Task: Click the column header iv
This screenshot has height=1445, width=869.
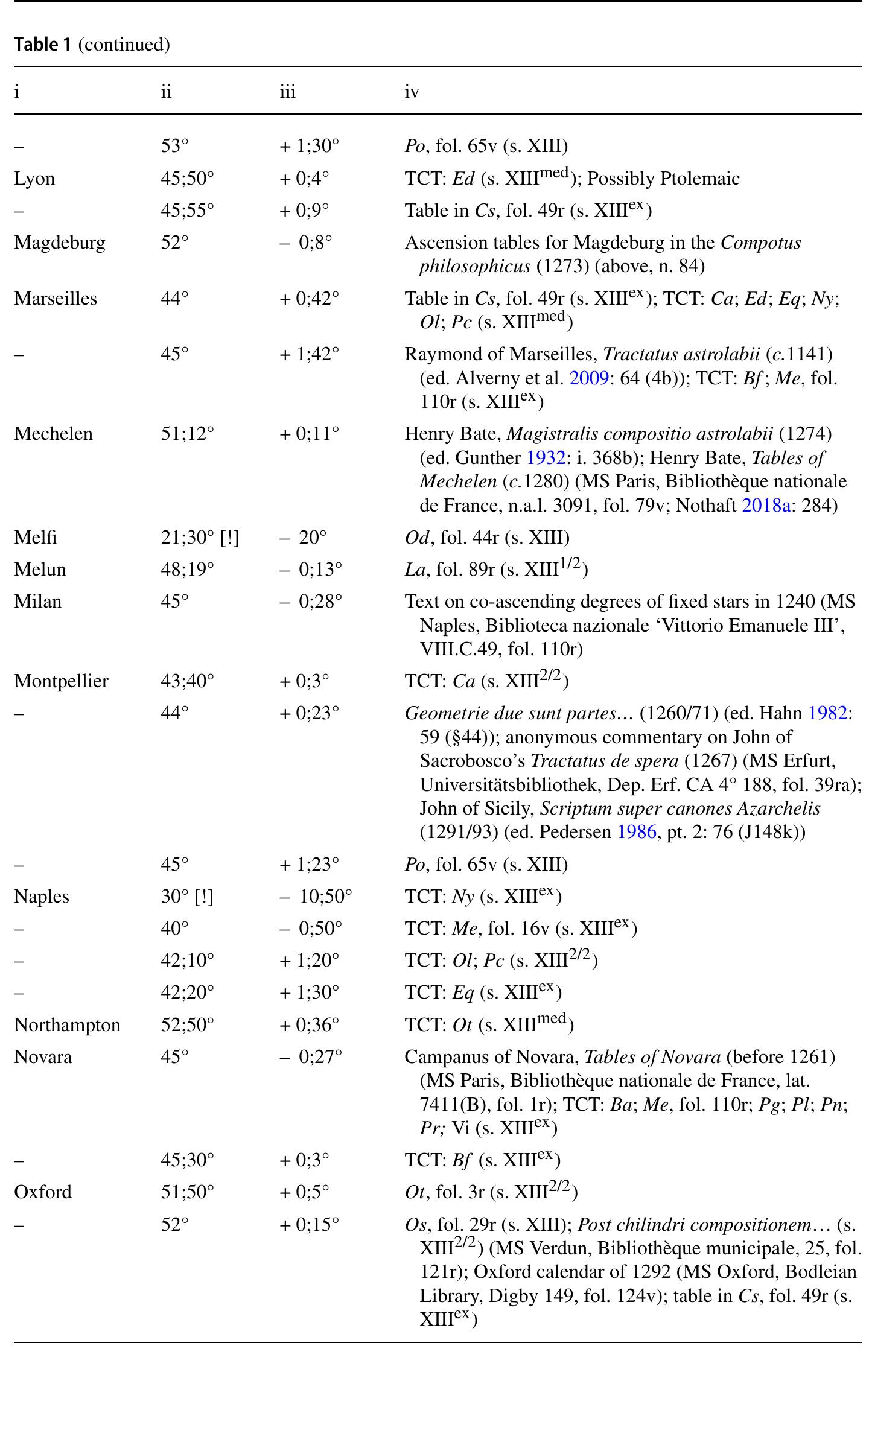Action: coord(412,92)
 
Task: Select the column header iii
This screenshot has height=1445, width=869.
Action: coord(288,92)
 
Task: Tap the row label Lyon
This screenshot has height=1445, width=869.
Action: coord(34,179)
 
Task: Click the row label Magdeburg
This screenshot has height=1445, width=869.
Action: coord(60,243)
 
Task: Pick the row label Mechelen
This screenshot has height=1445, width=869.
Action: coord(54,434)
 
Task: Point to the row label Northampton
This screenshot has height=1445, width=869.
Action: coord(68,1024)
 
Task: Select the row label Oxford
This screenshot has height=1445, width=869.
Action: coord(43,1192)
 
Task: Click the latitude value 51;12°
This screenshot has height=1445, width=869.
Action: coord(187,434)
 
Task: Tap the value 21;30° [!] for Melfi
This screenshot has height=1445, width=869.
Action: coord(200,537)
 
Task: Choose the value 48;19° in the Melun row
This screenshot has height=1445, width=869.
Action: coord(187,569)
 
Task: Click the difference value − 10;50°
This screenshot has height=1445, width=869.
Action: coord(316,896)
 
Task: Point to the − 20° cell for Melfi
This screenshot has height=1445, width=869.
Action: coord(303,537)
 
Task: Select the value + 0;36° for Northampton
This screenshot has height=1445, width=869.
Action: coord(309,1024)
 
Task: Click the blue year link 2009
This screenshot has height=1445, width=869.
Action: coord(589,378)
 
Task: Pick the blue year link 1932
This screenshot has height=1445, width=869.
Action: coord(546,458)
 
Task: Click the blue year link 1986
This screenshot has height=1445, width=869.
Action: coord(636,832)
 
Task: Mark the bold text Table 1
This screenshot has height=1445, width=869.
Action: coord(43,44)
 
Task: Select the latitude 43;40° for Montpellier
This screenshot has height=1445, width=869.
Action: coord(187,681)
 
